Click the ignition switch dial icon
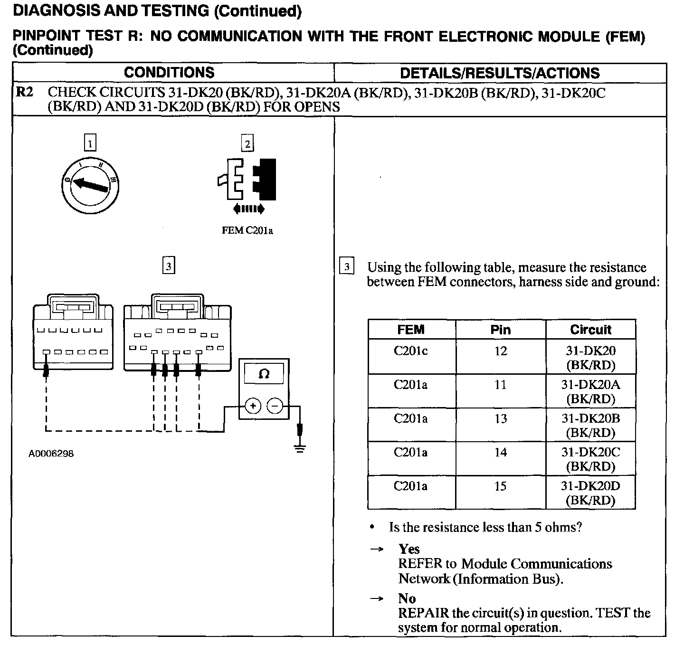[x=90, y=184]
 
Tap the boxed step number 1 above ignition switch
[x=89, y=142]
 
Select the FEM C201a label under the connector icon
[x=247, y=231]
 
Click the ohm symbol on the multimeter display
[x=264, y=374]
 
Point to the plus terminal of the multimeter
[x=253, y=406]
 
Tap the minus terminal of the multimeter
[x=275, y=406]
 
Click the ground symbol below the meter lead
[x=299, y=448]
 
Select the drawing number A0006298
[x=51, y=454]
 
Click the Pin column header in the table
[x=501, y=330]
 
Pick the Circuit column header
[x=590, y=330]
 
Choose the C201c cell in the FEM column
[x=411, y=351]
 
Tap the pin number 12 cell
[x=501, y=351]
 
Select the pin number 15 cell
[x=501, y=486]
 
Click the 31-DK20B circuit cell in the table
[x=590, y=425]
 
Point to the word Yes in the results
[x=409, y=549]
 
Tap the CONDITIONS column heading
[x=169, y=73]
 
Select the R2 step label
[x=25, y=92]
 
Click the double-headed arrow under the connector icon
[x=249, y=209]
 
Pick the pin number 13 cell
[x=501, y=419]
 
